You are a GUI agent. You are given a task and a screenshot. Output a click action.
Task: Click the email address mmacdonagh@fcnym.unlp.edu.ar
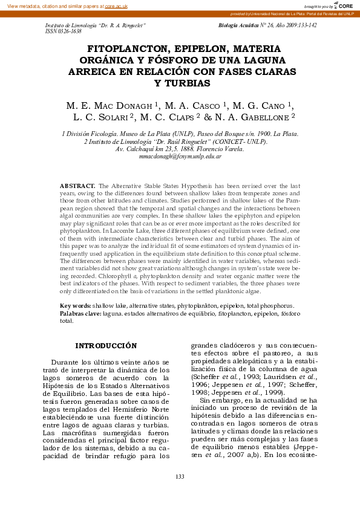click(180, 156)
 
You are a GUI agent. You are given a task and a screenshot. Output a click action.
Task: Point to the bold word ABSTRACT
click(77, 186)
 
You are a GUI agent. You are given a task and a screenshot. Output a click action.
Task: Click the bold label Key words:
click(75, 306)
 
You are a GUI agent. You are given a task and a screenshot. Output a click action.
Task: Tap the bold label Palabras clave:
click(80, 314)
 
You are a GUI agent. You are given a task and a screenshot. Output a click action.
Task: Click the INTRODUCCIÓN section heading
click(106, 346)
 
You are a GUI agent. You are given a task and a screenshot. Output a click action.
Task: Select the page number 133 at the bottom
click(180, 477)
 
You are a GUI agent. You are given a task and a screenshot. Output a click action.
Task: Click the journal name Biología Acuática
click(238, 25)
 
